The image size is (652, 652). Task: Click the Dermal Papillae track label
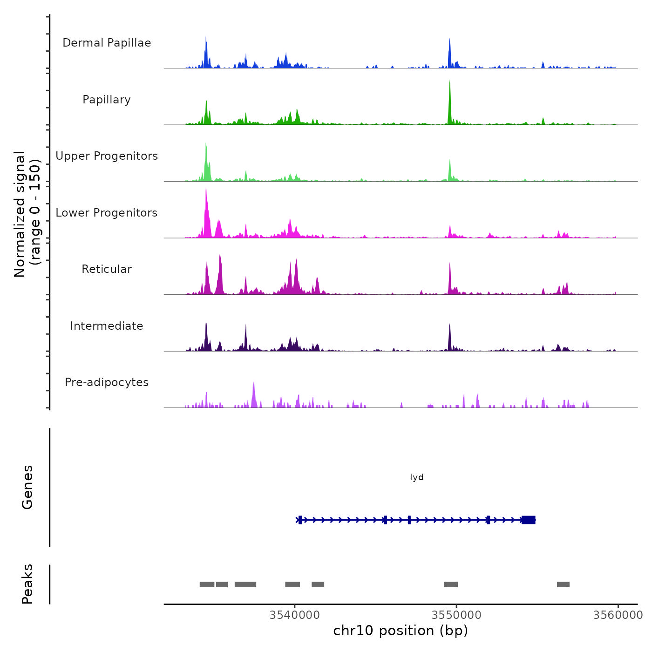point(107,43)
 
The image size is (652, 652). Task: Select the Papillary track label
point(107,100)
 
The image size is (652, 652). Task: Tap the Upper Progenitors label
point(107,156)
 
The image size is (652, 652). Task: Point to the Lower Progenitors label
point(107,213)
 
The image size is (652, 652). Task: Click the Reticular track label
point(107,269)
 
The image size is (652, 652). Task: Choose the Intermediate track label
point(107,326)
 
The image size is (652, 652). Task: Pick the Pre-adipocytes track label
point(107,382)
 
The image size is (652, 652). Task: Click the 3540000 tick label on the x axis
point(295,615)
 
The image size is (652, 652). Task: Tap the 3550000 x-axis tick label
point(456,615)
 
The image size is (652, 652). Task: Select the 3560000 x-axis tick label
point(618,615)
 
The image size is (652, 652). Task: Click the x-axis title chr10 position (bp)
point(401,631)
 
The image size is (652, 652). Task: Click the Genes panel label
point(27,487)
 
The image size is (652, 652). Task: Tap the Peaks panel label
point(27,584)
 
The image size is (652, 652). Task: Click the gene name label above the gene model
point(417,477)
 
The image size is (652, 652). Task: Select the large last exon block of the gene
point(529,520)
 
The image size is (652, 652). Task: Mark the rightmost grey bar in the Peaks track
point(563,584)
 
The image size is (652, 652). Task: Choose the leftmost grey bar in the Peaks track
point(207,584)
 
